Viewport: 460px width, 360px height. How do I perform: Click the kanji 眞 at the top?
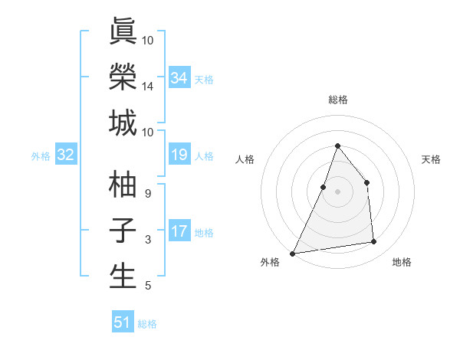click(x=123, y=32)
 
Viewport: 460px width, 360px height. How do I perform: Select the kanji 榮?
click(x=123, y=77)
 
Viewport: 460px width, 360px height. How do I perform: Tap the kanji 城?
click(x=123, y=123)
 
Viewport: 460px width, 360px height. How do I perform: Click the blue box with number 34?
click(x=179, y=77)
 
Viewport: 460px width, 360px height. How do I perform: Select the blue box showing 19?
click(x=179, y=155)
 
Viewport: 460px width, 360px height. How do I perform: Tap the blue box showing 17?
click(x=179, y=232)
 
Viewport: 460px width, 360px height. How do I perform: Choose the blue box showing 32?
click(x=66, y=155)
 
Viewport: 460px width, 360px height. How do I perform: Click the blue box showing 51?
click(x=123, y=322)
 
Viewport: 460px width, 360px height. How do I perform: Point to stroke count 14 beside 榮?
click(x=147, y=86)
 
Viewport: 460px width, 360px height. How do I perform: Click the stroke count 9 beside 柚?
click(x=147, y=193)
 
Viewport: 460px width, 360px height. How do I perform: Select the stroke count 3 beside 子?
click(x=147, y=240)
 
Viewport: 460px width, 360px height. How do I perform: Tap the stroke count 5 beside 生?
click(x=147, y=286)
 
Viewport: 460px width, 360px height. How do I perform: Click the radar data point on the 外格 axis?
click(x=292, y=253)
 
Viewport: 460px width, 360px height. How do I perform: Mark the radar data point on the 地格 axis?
click(x=374, y=242)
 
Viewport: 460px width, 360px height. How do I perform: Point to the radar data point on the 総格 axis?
click(x=337, y=146)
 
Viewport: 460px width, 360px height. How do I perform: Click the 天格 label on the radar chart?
click(x=431, y=159)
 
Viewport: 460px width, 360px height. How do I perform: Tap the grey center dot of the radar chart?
click(x=337, y=191)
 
